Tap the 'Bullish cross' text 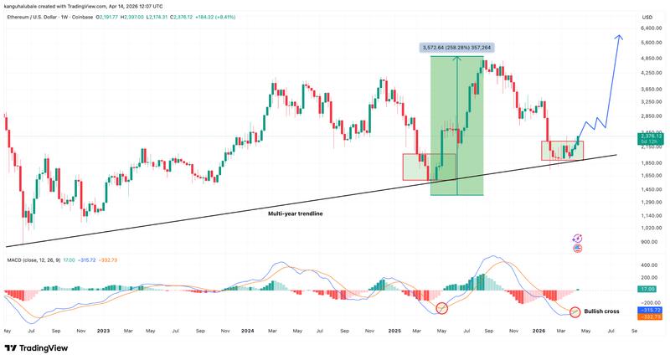[602, 311]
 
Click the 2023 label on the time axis [104, 331]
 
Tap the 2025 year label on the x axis [395, 331]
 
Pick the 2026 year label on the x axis [540, 331]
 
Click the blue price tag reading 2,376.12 [651, 136]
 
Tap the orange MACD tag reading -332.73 [651, 316]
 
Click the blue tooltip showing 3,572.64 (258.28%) [457, 49]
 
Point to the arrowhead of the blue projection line [619, 37]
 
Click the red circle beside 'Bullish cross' [575, 312]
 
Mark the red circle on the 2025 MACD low [441, 309]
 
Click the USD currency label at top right [647, 17]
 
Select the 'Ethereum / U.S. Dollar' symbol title [38, 17]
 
